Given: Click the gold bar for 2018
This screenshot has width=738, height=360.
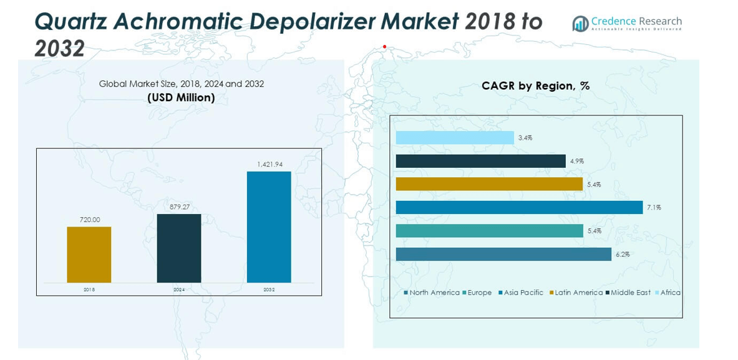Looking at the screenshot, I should [x=89, y=255].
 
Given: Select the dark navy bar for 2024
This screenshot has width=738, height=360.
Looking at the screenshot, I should [x=179, y=248].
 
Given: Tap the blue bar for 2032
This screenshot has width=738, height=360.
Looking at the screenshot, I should [x=269, y=227].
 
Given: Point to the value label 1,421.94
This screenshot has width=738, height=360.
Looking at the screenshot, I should [x=269, y=164].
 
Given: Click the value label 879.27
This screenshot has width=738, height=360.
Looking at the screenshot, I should [x=179, y=207].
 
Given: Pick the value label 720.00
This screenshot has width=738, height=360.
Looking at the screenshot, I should [x=89, y=220].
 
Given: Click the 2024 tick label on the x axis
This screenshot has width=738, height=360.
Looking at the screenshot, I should [x=179, y=290].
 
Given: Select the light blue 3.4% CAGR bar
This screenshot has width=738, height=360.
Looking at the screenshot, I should [x=455, y=138].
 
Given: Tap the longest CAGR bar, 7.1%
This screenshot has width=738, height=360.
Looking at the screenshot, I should [x=519, y=207].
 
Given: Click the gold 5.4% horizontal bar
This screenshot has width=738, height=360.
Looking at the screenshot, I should [x=489, y=184].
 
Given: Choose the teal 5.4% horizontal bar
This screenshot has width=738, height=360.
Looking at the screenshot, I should [x=489, y=231].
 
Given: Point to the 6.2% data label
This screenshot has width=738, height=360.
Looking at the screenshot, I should [x=622, y=255].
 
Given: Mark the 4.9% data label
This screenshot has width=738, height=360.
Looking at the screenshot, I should [x=576, y=161].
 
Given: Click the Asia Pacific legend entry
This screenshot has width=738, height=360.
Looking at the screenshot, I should [x=523, y=293].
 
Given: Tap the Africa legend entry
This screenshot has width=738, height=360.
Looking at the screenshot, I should [x=670, y=293].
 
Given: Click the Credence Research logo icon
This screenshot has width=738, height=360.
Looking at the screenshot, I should [x=580, y=24].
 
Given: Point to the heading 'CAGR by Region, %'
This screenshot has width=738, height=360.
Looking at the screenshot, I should [x=535, y=86].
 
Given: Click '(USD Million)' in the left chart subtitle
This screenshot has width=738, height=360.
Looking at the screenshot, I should [x=181, y=97].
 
